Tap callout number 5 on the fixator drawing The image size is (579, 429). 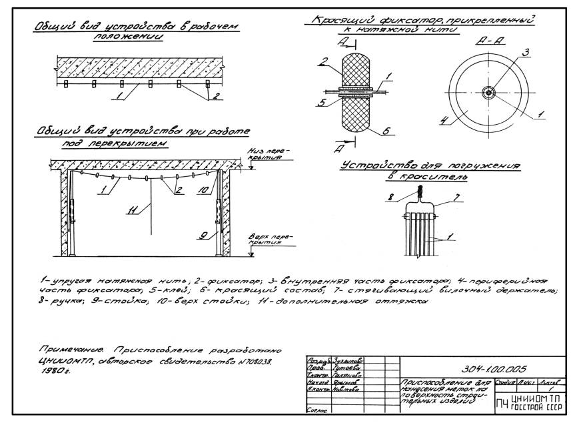tap(320, 103)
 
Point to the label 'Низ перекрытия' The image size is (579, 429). tap(262, 154)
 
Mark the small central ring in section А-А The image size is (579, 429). tap(488, 93)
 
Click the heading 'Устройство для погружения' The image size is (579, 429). tap(430, 165)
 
